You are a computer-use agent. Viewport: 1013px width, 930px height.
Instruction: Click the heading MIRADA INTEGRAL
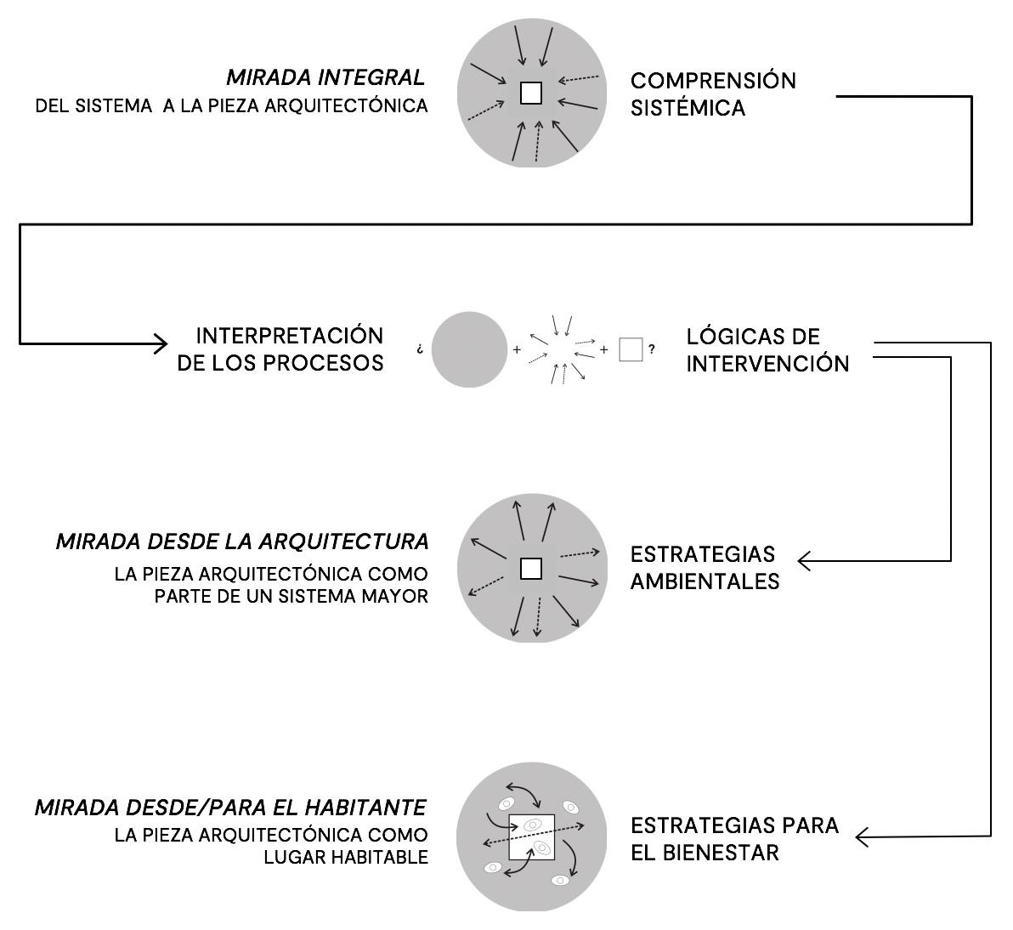click(325, 78)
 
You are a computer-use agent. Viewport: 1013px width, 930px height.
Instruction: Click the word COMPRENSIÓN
click(713, 81)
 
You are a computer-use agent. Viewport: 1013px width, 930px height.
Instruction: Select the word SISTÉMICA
click(688, 108)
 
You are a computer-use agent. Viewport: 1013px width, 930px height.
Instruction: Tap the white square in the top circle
click(531, 93)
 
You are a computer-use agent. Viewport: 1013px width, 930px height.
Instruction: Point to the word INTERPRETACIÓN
click(289, 335)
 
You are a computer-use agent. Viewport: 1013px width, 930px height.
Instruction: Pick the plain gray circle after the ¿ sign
click(469, 349)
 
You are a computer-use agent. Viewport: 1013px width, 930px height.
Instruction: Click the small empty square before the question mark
click(631, 349)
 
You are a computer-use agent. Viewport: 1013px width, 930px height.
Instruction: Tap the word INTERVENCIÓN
click(767, 364)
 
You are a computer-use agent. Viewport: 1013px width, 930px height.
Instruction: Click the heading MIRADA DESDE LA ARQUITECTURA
click(242, 542)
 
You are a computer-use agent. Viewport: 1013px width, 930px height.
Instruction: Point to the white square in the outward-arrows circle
click(531, 568)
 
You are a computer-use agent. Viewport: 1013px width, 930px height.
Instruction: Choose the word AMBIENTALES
click(705, 581)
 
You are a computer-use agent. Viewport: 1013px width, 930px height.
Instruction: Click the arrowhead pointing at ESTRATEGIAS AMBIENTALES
click(804, 561)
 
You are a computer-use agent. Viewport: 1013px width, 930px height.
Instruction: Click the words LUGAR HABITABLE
click(345, 857)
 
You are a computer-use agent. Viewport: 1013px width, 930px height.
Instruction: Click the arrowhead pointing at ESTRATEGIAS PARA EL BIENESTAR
click(861, 838)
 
